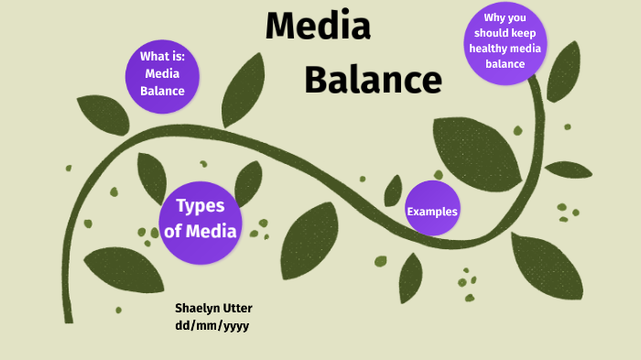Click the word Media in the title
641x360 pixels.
pyautogui.click(x=318, y=27)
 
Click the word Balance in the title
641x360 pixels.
pyautogui.click(x=373, y=81)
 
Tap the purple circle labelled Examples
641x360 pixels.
pyautogui.click(x=432, y=212)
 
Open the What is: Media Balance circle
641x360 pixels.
pyautogui.click(x=162, y=73)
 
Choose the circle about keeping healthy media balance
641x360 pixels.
pyautogui.click(x=505, y=42)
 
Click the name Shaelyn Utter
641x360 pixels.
pyautogui.click(x=213, y=307)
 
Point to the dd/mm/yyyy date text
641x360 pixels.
pyautogui.click(x=212, y=325)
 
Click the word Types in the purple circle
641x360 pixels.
pyautogui.click(x=200, y=206)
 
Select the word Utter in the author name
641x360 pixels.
pyautogui.click(x=237, y=307)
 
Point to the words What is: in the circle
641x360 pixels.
pyautogui.click(x=162, y=57)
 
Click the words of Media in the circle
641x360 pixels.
pyautogui.click(x=200, y=231)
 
